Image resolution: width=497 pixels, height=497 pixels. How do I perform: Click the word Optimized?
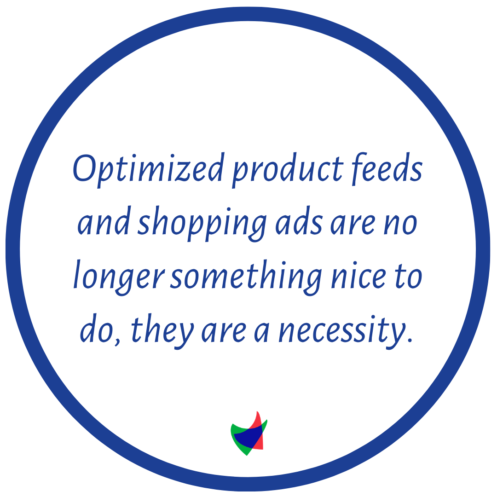tap(149, 170)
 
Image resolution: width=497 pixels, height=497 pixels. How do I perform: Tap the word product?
tap(288, 170)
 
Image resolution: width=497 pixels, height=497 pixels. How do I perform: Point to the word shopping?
tap(202, 225)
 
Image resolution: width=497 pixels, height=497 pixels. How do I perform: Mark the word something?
tap(246, 277)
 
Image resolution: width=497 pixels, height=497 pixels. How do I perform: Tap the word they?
tap(162, 331)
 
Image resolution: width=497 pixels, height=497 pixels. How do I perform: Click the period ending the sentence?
tap(410, 341)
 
